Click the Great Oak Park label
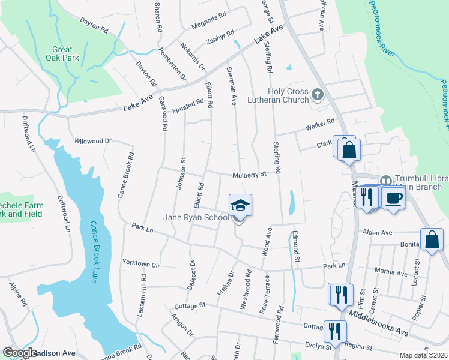point(62,54)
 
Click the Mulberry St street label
point(249,175)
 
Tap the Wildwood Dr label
point(93,141)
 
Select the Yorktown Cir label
point(141,263)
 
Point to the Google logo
point(20,353)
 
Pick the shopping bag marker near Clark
point(349,150)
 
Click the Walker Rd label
point(319,125)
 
